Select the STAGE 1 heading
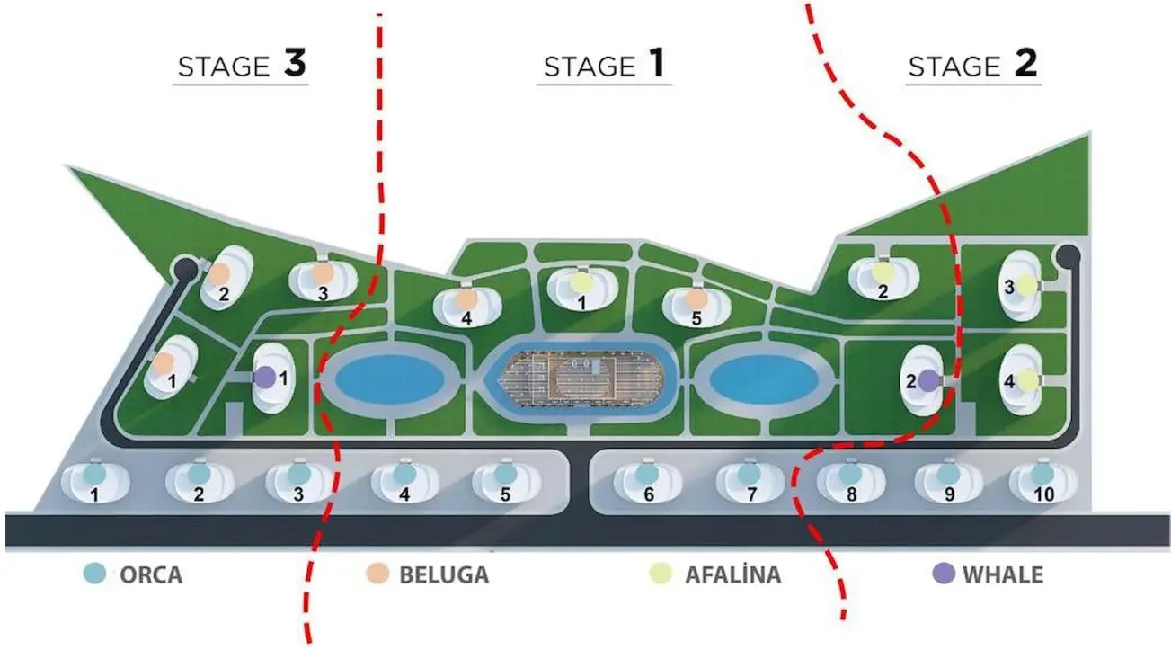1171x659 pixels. point(605,66)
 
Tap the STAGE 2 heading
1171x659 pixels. point(973,66)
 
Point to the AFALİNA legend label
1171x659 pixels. point(732,574)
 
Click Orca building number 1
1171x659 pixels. point(94,481)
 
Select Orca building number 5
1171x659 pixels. point(506,481)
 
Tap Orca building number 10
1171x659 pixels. point(1042,481)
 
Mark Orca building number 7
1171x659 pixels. point(750,481)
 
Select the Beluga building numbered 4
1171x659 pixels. point(466,303)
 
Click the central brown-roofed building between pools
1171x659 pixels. point(581,375)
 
